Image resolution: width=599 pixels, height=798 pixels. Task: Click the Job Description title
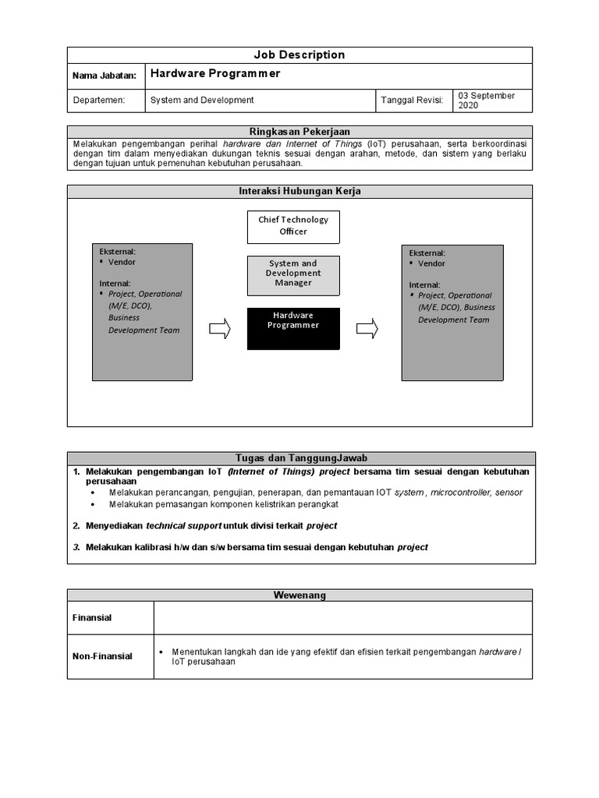[299, 55]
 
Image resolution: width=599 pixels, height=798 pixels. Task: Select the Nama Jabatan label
[105, 76]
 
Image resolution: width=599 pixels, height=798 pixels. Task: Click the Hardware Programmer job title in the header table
[214, 74]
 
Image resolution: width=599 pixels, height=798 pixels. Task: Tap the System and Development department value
[202, 101]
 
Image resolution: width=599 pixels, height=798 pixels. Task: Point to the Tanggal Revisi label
[412, 101]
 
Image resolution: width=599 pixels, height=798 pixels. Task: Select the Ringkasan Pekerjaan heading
[299, 132]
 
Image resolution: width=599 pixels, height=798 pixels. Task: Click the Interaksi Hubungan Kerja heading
[299, 192]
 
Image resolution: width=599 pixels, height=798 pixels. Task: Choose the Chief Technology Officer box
[293, 226]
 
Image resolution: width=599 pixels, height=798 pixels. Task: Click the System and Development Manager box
[293, 274]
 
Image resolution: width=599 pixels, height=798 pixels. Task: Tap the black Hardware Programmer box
[293, 327]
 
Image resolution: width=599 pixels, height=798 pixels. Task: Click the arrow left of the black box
[221, 329]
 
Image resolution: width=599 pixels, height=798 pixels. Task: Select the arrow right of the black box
[367, 329]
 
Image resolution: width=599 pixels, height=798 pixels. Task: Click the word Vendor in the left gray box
[122, 263]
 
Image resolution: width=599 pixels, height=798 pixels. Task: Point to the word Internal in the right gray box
[424, 285]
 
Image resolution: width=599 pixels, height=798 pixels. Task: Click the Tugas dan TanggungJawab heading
[299, 458]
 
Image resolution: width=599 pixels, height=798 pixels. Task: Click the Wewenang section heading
[299, 595]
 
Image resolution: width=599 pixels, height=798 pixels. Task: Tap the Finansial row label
[92, 618]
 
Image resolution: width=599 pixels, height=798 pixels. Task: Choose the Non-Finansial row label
[102, 656]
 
